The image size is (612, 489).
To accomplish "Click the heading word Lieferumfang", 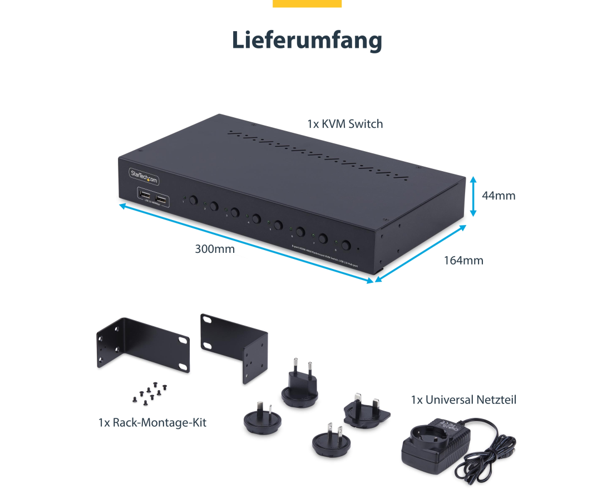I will pyautogui.click(x=307, y=40).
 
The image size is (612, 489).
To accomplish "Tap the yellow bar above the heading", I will pyautogui.click(x=307, y=3).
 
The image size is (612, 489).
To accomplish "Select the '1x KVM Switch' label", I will pyautogui.click(x=345, y=124).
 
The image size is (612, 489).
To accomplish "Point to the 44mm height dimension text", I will pyautogui.click(x=499, y=196).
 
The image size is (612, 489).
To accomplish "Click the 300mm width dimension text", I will pyautogui.click(x=215, y=249).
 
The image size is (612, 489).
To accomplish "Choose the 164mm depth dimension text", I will pyautogui.click(x=463, y=260).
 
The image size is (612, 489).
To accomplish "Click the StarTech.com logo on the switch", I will pyautogui.click(x=144, y=174).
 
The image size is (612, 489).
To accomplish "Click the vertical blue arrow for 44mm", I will pyautogui.click(x=473, y=196).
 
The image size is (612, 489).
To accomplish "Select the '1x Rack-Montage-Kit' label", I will pyautogui.click(x=152, y=422).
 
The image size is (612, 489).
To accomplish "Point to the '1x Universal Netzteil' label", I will pyautogui.click(x=463, y=400).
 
